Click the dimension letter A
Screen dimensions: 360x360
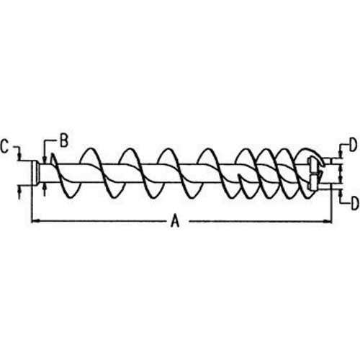[176, 221]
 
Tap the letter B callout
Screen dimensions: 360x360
[64, 140]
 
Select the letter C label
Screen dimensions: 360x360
[5, 146]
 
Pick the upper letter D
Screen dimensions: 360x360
[352, 145]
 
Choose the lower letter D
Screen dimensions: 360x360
[355, 204]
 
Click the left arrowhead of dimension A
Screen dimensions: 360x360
[35, 221]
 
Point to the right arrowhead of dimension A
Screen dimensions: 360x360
[328, 221]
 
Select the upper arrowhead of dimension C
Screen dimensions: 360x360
[19, 156]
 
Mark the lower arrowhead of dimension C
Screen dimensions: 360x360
[19, 189]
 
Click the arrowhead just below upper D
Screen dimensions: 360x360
[340, 153]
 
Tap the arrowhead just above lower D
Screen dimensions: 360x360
[341, 194]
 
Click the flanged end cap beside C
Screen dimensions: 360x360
[35, 173]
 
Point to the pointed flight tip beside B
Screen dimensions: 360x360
[52, 158]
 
